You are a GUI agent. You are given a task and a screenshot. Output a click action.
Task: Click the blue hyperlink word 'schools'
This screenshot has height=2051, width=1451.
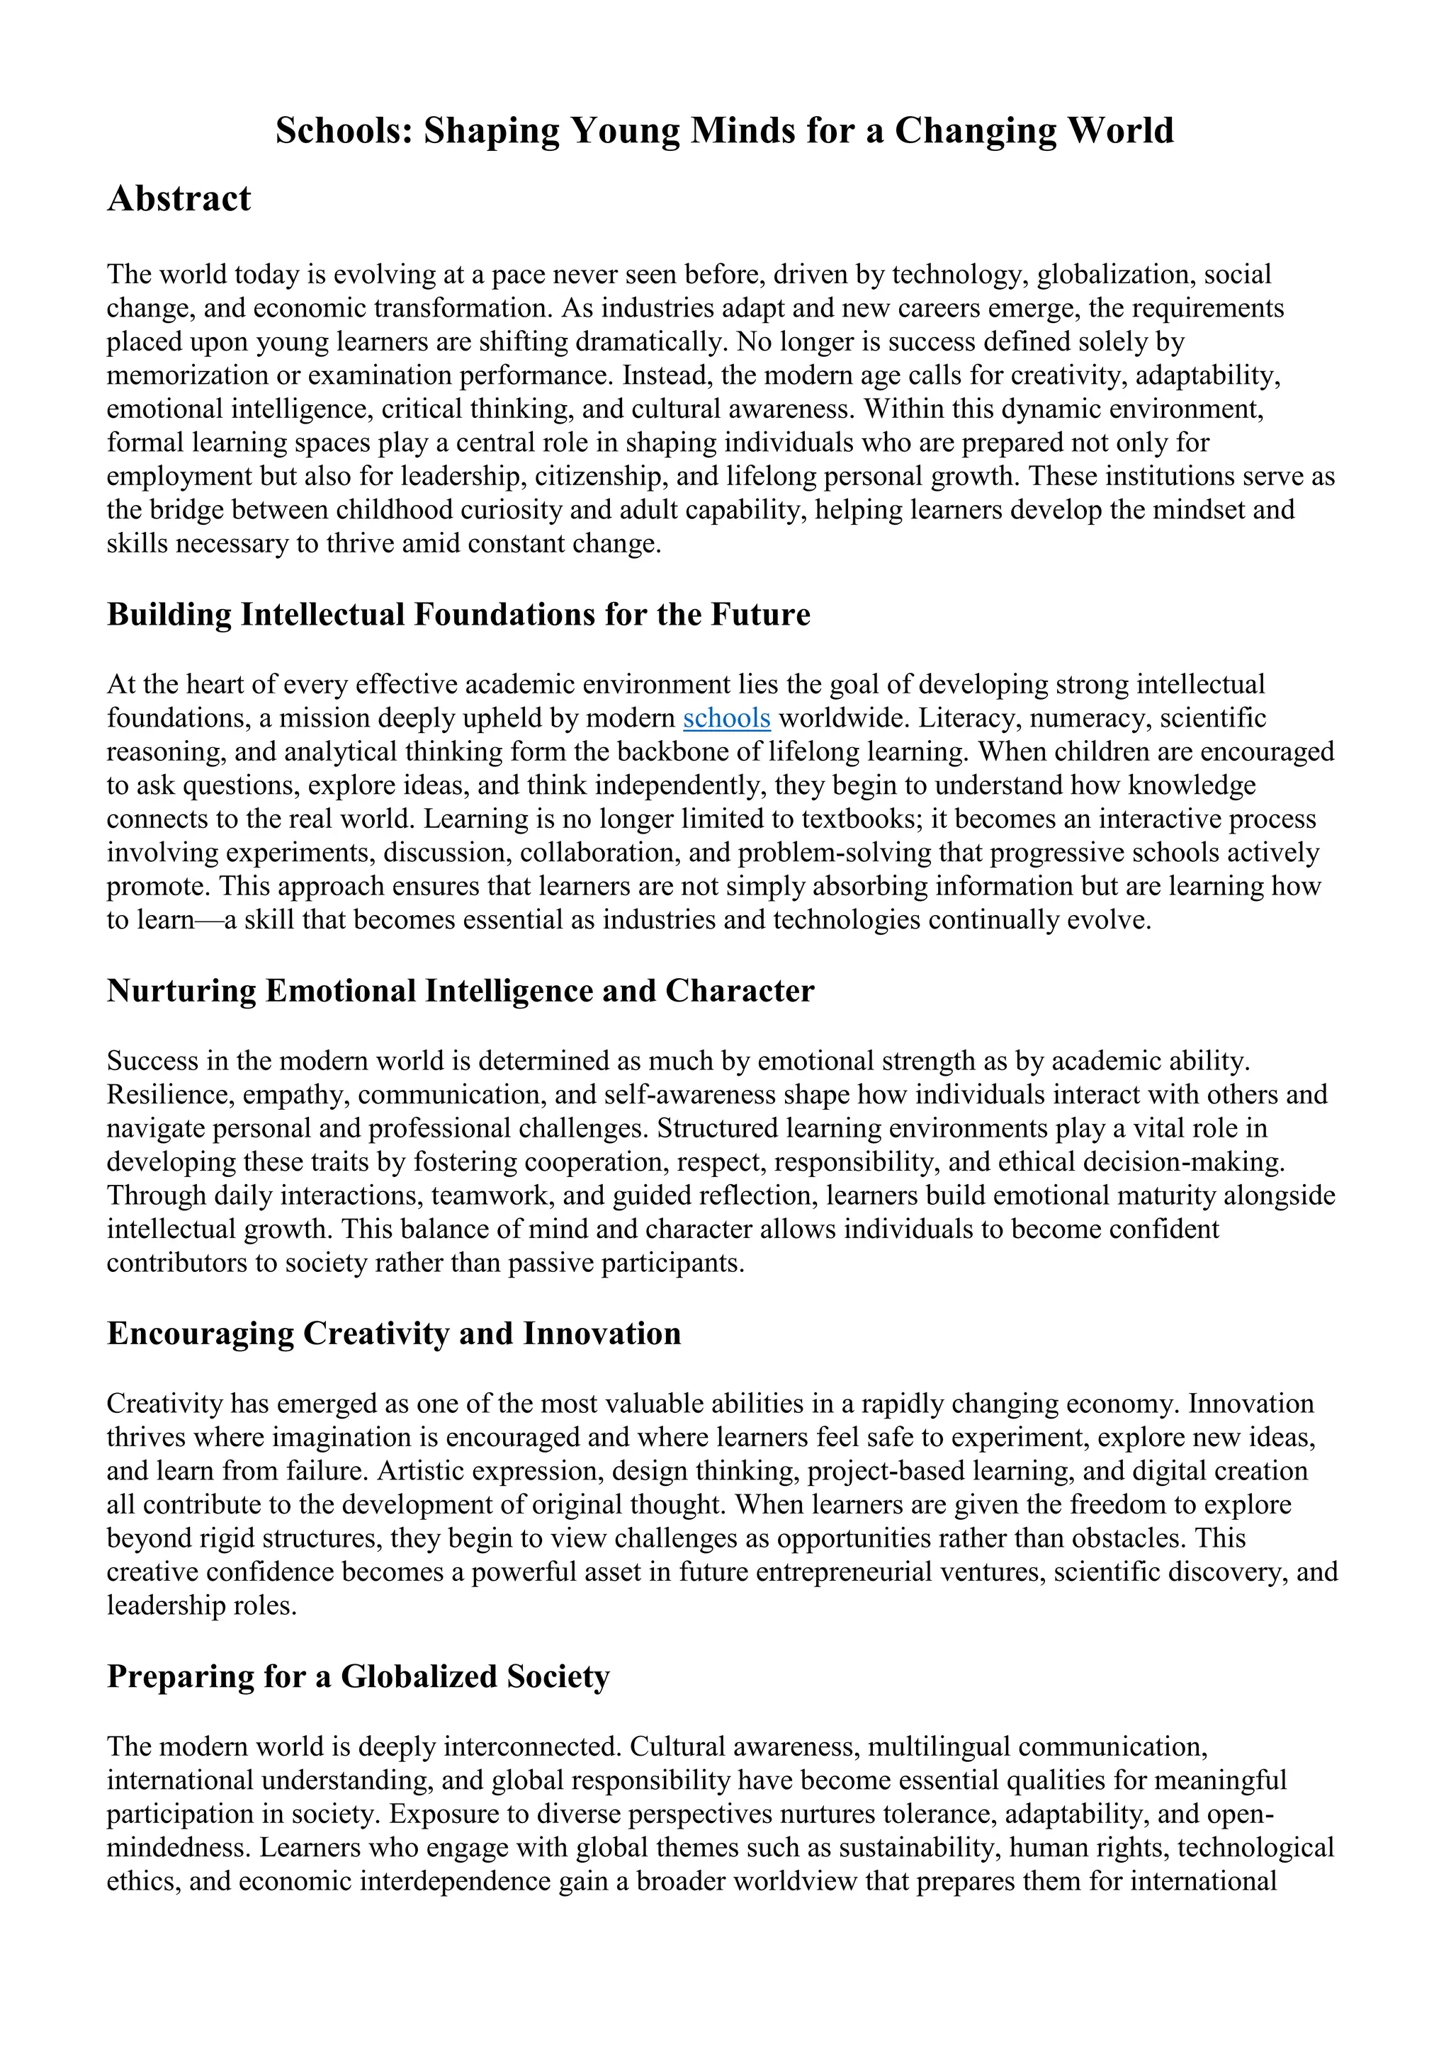(x=726, y=718)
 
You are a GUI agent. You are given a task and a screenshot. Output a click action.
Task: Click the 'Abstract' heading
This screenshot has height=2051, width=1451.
(x=179, y=198)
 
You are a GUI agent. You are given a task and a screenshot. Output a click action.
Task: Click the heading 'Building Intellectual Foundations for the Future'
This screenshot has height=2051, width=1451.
(x=458, y=615)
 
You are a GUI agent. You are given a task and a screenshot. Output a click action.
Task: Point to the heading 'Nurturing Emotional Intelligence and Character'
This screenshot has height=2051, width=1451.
(x=460, y=991)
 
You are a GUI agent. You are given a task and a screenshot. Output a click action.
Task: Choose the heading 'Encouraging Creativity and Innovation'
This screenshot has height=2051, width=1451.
(x=394, y=1334)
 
